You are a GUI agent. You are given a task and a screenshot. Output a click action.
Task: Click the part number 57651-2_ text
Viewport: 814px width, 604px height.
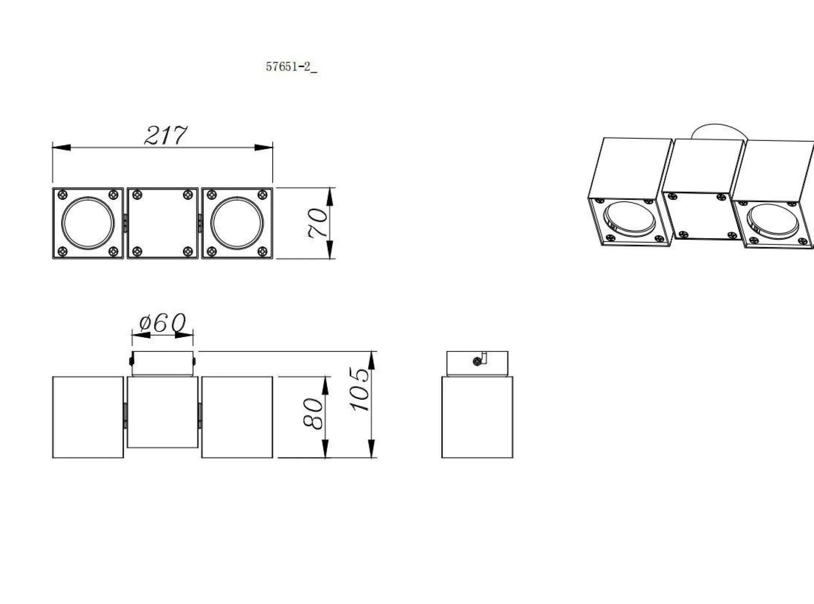point(291,67)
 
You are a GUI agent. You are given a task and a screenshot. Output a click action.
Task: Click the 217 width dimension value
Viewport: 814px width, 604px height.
point(165,135)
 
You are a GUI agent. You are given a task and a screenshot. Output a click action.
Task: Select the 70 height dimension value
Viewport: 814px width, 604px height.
point(317,223)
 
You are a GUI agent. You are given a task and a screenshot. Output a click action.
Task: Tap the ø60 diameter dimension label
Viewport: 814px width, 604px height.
point(162,323)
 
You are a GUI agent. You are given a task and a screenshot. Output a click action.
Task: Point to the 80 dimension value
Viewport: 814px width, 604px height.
point(313,414)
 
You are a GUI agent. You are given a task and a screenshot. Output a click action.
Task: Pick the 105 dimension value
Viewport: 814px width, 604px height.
point(360,389)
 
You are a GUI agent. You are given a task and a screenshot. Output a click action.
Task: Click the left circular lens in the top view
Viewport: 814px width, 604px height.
point(88,223)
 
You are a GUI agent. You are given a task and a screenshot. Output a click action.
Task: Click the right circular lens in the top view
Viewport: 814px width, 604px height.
point(237,223)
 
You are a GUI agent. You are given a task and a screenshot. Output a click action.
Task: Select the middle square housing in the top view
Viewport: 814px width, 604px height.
point(162,223)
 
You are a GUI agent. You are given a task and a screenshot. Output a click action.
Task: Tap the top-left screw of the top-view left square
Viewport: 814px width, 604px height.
point(63,194)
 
